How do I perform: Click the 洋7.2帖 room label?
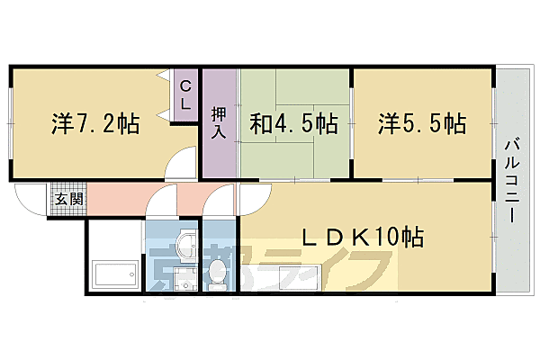point(94,123)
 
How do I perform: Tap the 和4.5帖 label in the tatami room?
point(295,123)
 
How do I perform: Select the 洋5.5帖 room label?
point(421,123)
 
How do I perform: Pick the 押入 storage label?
point(220,123)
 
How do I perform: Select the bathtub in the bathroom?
point(113,272)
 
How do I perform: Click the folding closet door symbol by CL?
point(165,94)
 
